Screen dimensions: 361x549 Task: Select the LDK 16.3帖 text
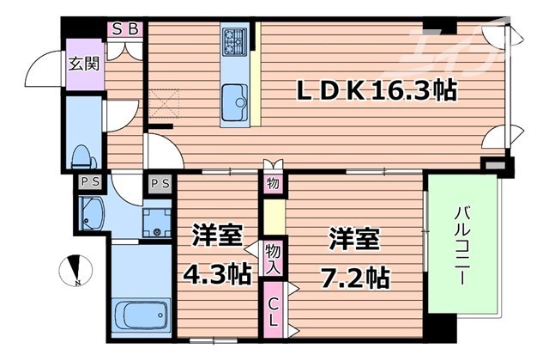coord(376,89)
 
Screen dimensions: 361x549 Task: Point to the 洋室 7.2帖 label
coord(356,255)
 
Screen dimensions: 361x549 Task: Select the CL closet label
coord(272,309)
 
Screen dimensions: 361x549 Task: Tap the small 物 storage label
coord(272,183)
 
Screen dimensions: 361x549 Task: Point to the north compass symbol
coord(75,271)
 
